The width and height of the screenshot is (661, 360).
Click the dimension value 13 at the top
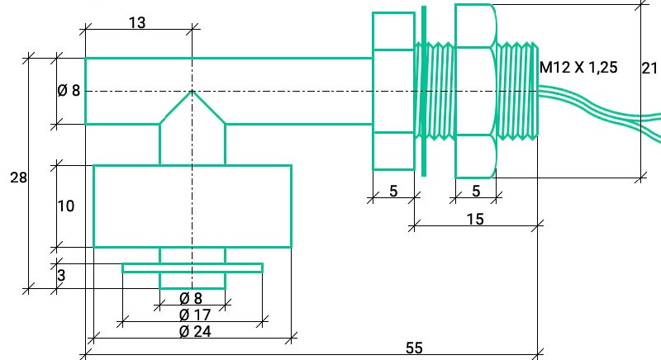pos(137,23)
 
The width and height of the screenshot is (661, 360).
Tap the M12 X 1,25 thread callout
pos(578,68)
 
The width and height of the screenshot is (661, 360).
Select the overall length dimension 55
pos(414,348)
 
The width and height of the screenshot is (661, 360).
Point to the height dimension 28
pos(18,178)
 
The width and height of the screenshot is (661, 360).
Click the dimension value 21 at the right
pos(649,69)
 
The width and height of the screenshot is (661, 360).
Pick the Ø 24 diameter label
pos(195,331)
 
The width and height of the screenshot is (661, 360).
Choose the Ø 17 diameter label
pos(195,315)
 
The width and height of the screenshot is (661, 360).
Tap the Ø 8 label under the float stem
pos(191,299)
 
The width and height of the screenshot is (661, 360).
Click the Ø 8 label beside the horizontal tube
pos(69,90)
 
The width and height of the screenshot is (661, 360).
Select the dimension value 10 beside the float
pos(66,206)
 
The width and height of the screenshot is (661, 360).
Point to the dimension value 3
pos(61,276)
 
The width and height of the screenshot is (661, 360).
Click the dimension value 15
pos(475,219)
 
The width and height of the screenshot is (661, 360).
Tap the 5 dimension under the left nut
pos(393,192)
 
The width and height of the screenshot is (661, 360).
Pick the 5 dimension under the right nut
pos(476,192)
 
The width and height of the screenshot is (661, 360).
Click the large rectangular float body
pos(193,206)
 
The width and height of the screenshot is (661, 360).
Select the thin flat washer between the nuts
pos(424,91)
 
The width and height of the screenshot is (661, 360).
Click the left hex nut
pos(394,91)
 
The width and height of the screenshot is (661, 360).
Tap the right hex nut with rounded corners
pos(476,91)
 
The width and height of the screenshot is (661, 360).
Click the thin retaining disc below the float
pos(193,268)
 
